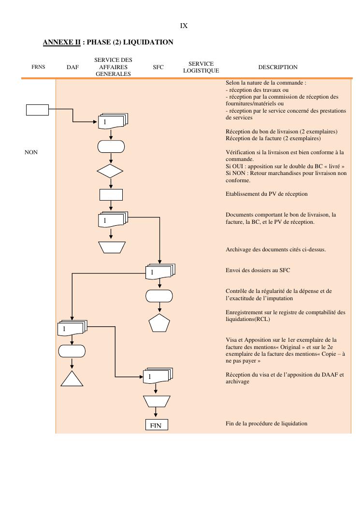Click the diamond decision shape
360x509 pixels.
coord(110,172)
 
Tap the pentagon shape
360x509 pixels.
coord(159,322)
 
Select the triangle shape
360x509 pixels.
coord(72,378)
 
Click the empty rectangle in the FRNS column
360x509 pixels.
coord(37,110)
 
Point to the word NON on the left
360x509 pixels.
coord(31,152)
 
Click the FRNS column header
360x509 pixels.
coord(38,67)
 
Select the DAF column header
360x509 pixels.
coord(72,68)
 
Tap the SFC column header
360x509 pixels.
coord(158,68)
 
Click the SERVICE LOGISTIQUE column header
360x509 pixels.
coord(201,67)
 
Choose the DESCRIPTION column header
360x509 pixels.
coord(278,67)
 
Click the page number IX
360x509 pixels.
coord(184,26)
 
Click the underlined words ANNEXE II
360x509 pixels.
coord(61,43)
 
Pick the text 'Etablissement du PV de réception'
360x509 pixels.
coord(266,194)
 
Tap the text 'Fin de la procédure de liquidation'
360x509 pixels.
coord(266,423)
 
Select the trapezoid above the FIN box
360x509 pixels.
coord(157,401)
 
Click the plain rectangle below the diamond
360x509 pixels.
coord(111,194)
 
